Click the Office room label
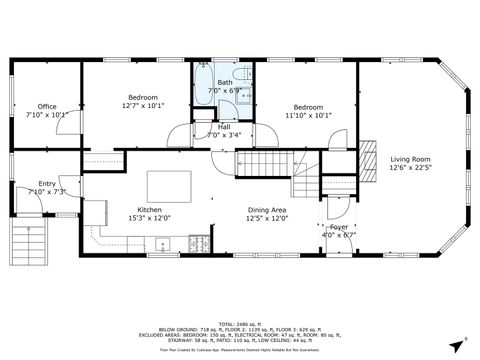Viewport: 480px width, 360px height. (x=46, y=106)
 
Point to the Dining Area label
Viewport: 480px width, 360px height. (x=267, y=210)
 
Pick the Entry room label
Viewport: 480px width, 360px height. (x=47, y=184)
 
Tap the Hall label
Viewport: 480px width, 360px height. (x=224, y=127)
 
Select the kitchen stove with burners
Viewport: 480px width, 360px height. (x=198, y=243)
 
